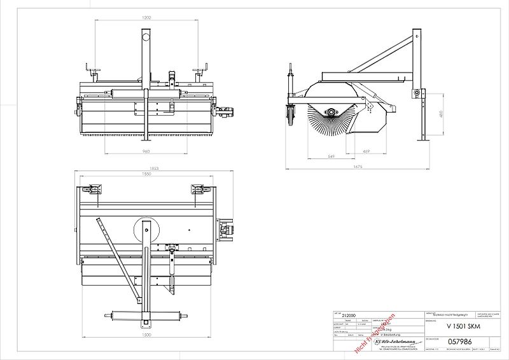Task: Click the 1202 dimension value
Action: (x=146, y=17)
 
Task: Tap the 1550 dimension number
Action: (x=146, y=174)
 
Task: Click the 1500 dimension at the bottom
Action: (x=146, y=334)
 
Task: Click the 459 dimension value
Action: (x=366, y=151)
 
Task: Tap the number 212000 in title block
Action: (x=349, y=315)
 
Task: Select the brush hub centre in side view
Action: (x=332, y=113)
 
